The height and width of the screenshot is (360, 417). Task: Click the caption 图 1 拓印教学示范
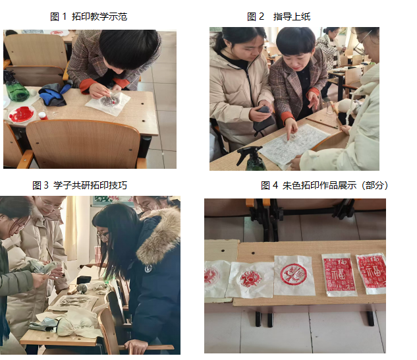pos(88,16)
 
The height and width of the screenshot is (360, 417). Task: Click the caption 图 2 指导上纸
pos(279,16)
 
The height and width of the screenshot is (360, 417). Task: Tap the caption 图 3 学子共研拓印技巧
pos(80,185)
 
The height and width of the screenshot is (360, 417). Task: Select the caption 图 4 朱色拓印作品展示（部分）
pos(324,185)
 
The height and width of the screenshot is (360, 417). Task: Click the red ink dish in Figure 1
pos(21,114)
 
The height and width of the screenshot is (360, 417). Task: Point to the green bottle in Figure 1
pos(17,91)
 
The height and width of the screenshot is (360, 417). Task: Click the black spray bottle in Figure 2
pos(251,159)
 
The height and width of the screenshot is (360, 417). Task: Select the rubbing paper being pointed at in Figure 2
pos(294,144)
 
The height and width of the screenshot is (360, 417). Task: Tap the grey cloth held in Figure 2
pos(264,119)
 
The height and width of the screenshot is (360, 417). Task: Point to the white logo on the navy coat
pos(148,268)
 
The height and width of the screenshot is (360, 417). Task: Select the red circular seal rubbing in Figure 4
pos(294,275)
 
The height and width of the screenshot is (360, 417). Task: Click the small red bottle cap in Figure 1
pos(43,115)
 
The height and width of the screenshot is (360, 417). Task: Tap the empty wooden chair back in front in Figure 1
pos(82,142)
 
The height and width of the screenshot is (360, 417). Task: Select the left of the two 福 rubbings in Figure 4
pos(339,274)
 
